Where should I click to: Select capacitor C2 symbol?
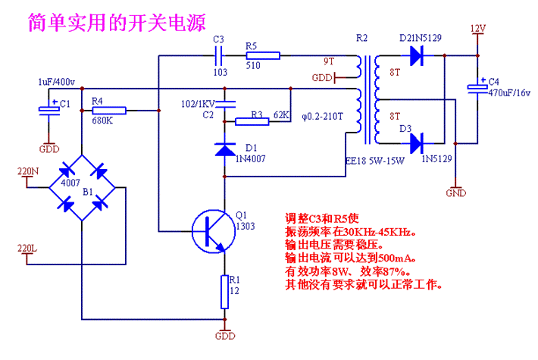[x=224, y=104]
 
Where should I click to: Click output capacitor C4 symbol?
[x=477, y=89]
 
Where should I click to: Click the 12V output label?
[x=477, y=29]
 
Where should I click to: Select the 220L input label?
[x=27, y=249]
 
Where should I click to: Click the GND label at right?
[x=456, y=193]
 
